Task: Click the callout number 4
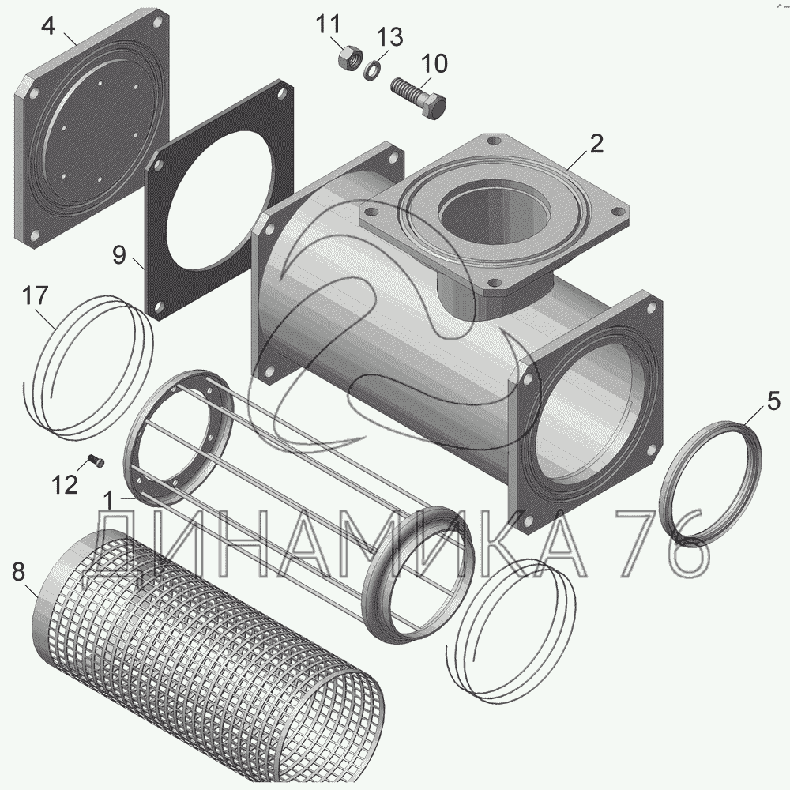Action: [47, 26]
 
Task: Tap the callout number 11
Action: [329, 24]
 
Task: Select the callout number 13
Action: [390, 37]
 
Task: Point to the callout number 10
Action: [434, 64]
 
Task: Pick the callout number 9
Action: [119, 255]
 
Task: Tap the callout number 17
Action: [35, 295]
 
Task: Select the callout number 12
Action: [65, 485]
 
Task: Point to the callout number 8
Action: [18, 572]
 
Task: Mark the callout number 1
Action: [108, 502]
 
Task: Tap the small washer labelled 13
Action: [372, 70]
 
